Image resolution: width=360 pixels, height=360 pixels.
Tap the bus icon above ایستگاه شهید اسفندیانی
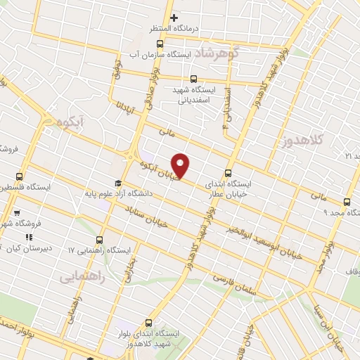click(195, 78)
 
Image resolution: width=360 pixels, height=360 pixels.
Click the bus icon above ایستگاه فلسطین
click(19, 177)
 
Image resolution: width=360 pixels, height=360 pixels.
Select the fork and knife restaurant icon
click(30, 237)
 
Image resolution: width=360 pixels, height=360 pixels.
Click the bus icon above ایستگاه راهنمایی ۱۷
click(99, 240)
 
